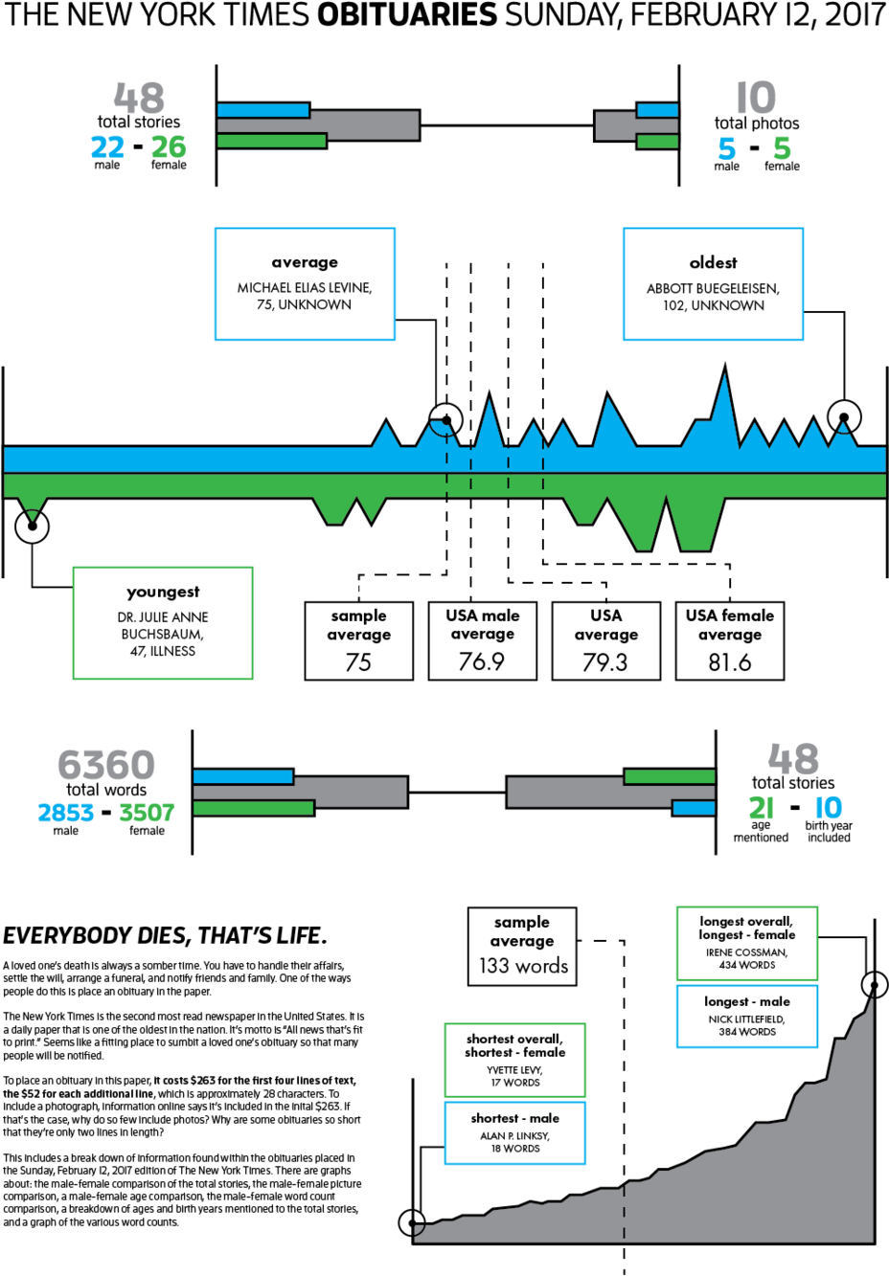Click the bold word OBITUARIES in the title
click(x=407, y=14)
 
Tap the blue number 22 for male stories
click(x=107, y=147)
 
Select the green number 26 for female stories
click(x=169, y=147)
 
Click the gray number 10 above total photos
click(x=756, y=98)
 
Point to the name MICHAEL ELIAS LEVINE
click(x=305, y=288)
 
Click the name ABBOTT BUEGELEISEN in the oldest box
click(x=713, y=288)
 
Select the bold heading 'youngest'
click(x=163, y=593)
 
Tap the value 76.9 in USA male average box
click(x=482, y=661)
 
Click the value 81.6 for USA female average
click(x=730, y=661)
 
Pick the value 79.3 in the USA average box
click(x=605, y=661)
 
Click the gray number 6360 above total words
click(x=106, y=764)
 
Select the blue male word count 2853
click(x=65, y=813)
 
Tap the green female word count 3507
click(x=147, y=813)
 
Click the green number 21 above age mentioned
click(x=762, y=808)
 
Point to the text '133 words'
click(x=523, y=966)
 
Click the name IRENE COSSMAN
click(x=746, y=951)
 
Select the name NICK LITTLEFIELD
click(x=747, y=1019)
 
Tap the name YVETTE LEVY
click(x=515, y=1069)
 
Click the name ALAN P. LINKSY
click(x=515, y=1135)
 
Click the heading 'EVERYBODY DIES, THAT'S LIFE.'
click(x=166, y=935)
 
